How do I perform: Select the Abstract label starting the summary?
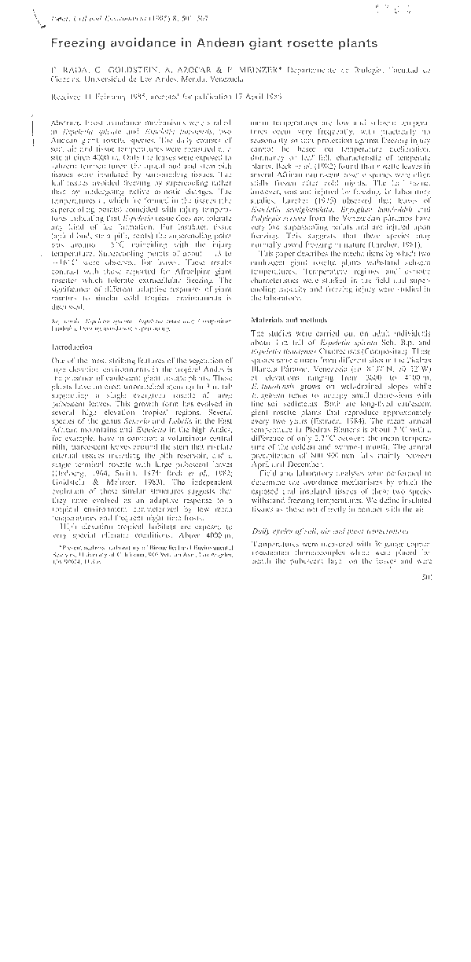pos(64,125)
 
